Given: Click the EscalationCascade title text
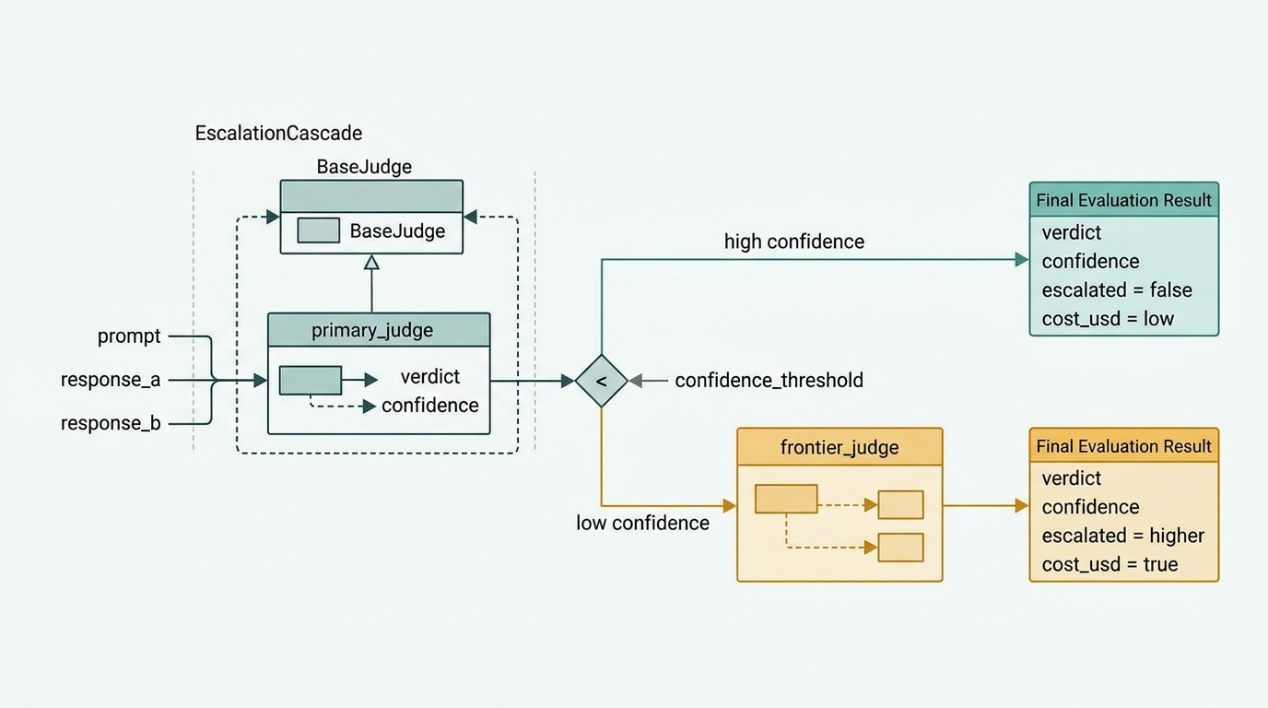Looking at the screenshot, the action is pyautogui.click(x=278, y=133).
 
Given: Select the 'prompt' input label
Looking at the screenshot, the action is pyautogui.click(x=129, y=336).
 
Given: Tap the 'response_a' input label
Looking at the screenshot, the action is pyautogui.click(x=111, y=380).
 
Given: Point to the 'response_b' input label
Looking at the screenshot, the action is pyautogui.click(x=111, y=423).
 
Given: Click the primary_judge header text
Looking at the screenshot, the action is pyautogui.click(x=372, y=330).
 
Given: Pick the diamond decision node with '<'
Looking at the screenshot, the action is pyautogui.click(x=601, y=381).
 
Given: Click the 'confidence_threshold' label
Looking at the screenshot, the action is pyautogui.click(x=769, y=380).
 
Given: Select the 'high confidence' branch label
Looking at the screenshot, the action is pyautogui.click(x=794, y=242).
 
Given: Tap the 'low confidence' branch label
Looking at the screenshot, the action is pyautogui.click(x=642, y=523).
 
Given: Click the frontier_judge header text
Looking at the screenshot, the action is pyautogui.click(x=839, y=447).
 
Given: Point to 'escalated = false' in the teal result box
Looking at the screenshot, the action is pyautogui.click(x=1117, y=290).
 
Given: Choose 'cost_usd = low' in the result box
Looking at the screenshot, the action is pyautogui.click(x=1108, y=319).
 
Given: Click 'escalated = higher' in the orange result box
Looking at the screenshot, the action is pyautogui.click(x=1123, y=536).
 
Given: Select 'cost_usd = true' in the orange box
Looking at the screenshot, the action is pyautogui.click(x=1109, y=564).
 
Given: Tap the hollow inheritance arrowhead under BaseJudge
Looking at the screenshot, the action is pyautogui.click(x=371, y=262).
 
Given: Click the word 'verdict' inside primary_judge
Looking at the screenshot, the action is pyautogui.click(x=429, y=377).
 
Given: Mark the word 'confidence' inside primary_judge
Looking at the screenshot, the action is pyautogui.click(x=429, y=406).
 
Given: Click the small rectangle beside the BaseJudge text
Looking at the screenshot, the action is pyautogui.click(x=318, y=230).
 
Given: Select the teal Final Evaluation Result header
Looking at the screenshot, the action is pyautogui.click(x=1123, y=200).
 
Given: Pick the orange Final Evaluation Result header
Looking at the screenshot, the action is pyautogui.click(x=1123, y=446).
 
